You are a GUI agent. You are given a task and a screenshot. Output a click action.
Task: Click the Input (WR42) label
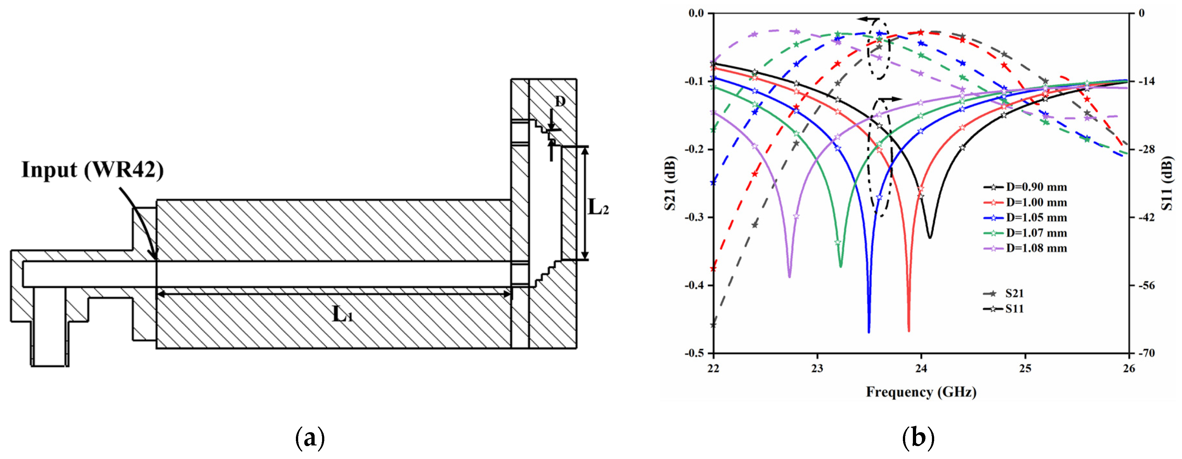[93, 170]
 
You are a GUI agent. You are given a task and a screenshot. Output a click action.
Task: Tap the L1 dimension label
[343, 314]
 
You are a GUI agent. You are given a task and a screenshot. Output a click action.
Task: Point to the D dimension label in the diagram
[560, 101]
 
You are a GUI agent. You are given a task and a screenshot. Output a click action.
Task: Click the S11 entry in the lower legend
[1004, 309]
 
